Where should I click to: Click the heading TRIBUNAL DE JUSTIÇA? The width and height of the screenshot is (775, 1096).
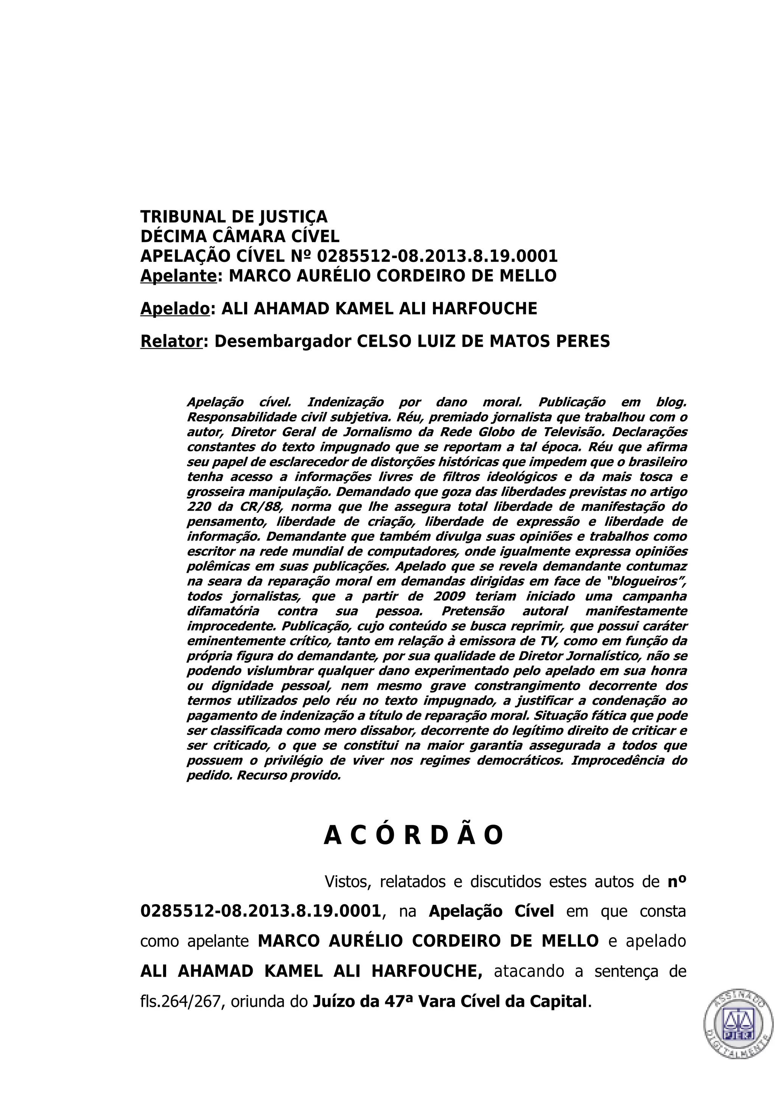(233, 217)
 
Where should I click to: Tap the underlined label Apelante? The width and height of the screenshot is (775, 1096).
(179, 276)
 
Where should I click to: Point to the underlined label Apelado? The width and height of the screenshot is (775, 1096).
(175, 309)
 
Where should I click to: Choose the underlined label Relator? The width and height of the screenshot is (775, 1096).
(171, 342)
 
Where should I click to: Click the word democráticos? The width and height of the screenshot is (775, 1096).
(520, 760)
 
